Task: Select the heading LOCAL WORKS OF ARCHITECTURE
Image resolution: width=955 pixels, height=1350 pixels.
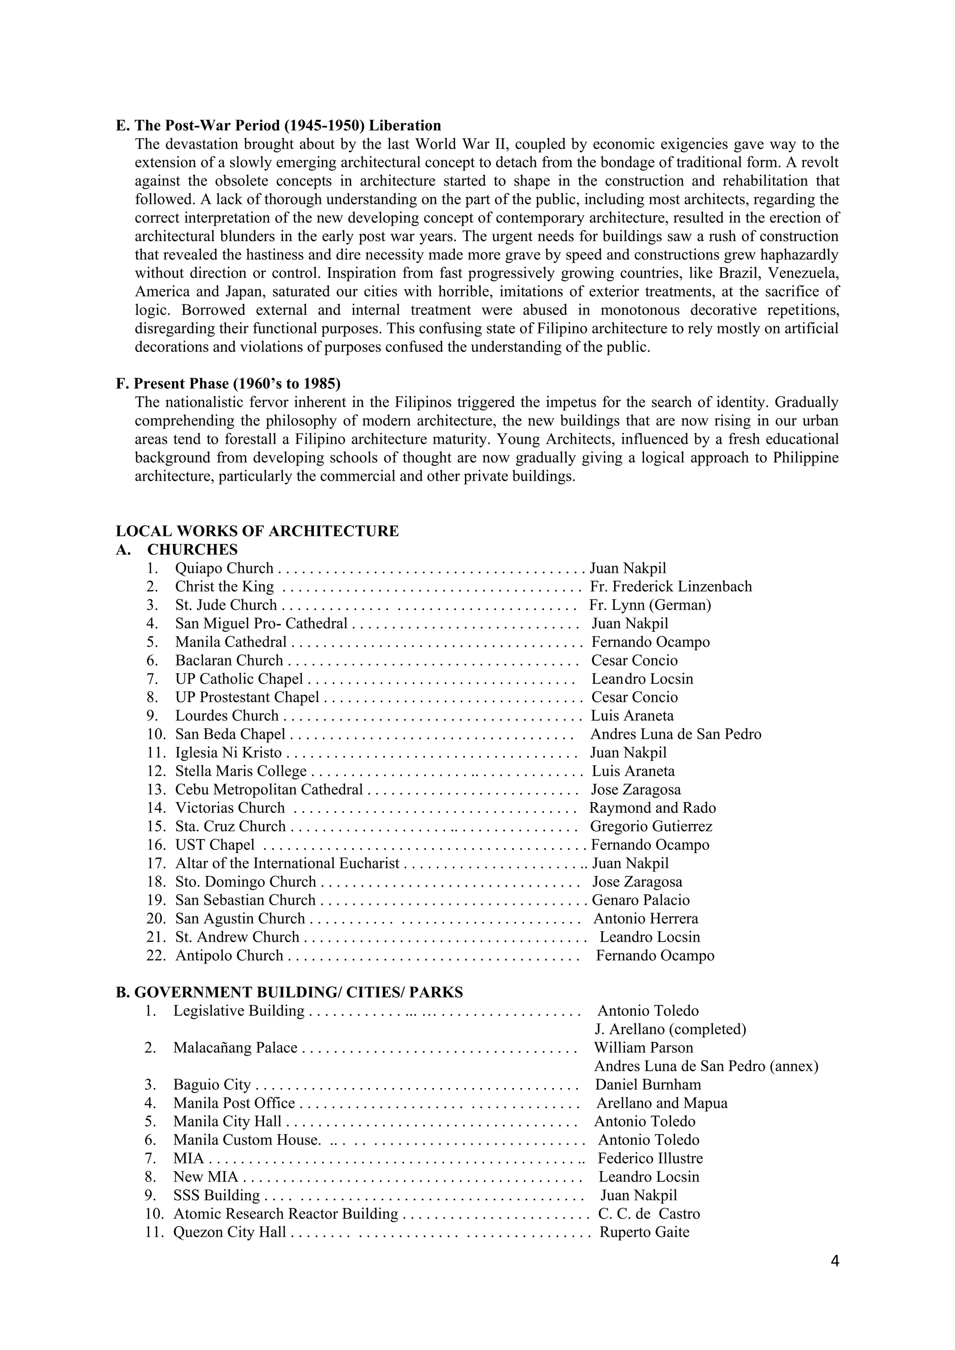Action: (257, 531)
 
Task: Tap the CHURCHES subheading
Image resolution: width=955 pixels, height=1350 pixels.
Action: (192, 549)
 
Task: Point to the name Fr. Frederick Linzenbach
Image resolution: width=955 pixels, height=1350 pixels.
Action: (671, 586)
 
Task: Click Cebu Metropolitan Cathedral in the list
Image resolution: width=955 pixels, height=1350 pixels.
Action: (269, 789)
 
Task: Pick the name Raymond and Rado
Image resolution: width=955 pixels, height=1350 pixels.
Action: (652, 808)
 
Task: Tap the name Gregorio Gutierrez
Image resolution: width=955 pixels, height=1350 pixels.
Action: (651, 826)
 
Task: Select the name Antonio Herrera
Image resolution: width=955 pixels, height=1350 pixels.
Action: (646, 918)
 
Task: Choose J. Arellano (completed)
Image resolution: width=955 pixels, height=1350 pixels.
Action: (671, 1029)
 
